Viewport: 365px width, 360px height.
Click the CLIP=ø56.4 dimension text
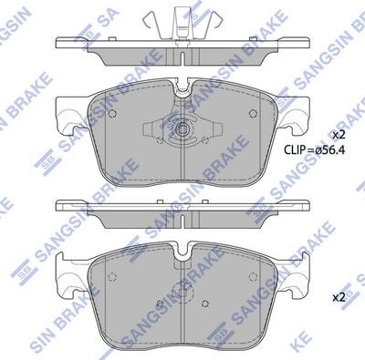coord(314,149)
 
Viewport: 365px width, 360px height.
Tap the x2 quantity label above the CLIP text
coord(339,135)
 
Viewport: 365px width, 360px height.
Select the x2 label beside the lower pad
coord(339,298)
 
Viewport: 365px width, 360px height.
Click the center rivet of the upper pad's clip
coord(182,129)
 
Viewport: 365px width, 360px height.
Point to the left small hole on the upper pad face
coord(112,114)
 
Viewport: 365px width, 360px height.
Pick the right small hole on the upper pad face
coord(253,114)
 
